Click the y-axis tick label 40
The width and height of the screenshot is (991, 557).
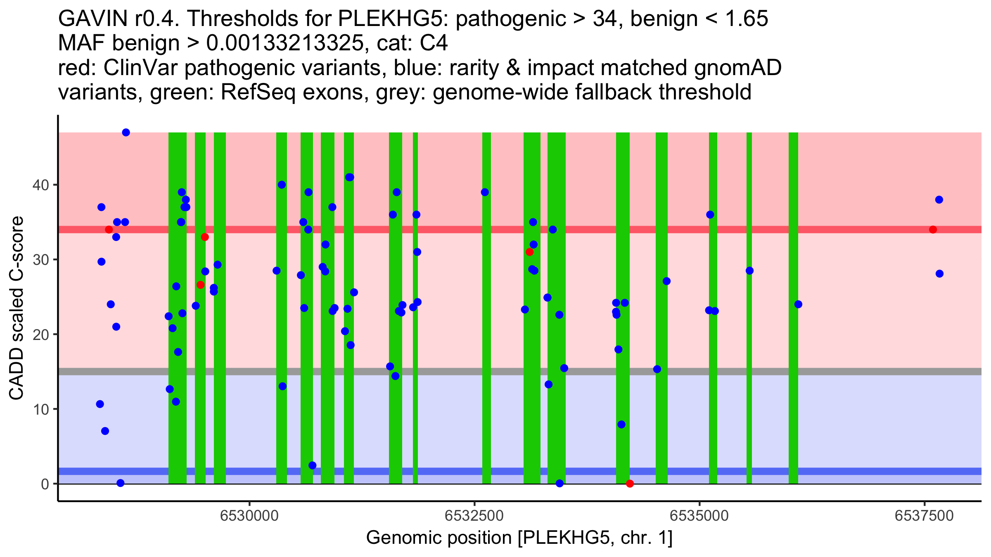[x=40, y=185]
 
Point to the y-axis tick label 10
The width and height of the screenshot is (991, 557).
[x=40, y=409]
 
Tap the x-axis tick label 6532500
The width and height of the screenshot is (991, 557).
[x=474, y=516]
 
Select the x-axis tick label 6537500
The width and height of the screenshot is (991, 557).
[x=924, y=516]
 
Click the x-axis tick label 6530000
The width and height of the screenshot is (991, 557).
[x=249, y=516]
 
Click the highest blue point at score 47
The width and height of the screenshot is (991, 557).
[x=126, y=132]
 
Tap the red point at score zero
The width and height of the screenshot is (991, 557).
[x=630, y=484]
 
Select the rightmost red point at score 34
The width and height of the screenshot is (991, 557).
[x=933, y=229]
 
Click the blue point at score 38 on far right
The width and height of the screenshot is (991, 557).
[x=939, y=200]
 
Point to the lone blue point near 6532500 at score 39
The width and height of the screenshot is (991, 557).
[x=485, y=192]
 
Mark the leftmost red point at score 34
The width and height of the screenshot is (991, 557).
[x=109, y=229]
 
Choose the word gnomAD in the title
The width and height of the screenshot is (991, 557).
[x=737, y=68]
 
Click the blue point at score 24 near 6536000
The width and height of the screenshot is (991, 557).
[x=798, y=304]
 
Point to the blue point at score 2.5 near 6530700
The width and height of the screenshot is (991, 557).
[x=313, y=465]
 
